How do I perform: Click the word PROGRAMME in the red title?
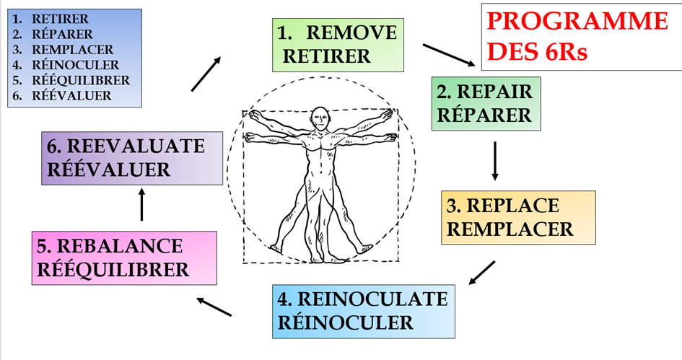click(x=577, y=22)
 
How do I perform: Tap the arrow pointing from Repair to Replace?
click(x=495, y=160)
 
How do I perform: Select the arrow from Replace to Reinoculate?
click(x=481, y=273)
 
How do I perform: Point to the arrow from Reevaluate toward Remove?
click(x=206, y=74)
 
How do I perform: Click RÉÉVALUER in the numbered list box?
click(x=71, y=95)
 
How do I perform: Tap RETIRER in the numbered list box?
click(x=60, y=19)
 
